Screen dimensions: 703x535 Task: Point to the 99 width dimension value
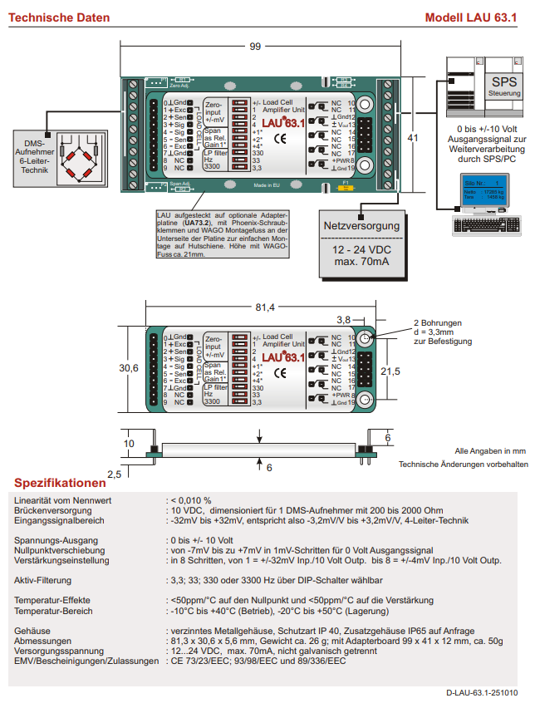[255, 47]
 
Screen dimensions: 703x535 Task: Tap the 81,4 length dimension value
[264, 307]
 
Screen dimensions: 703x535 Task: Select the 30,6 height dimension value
[129, 367]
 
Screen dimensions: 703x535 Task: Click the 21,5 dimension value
[390, 371]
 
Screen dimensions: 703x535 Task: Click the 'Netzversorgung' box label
[361, 225]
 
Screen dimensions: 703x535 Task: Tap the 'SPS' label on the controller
[503, 82]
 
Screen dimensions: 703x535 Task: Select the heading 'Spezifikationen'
[60, 483]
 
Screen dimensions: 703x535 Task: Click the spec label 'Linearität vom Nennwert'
[62, 499]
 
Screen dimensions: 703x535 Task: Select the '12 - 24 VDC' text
[361, 250]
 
